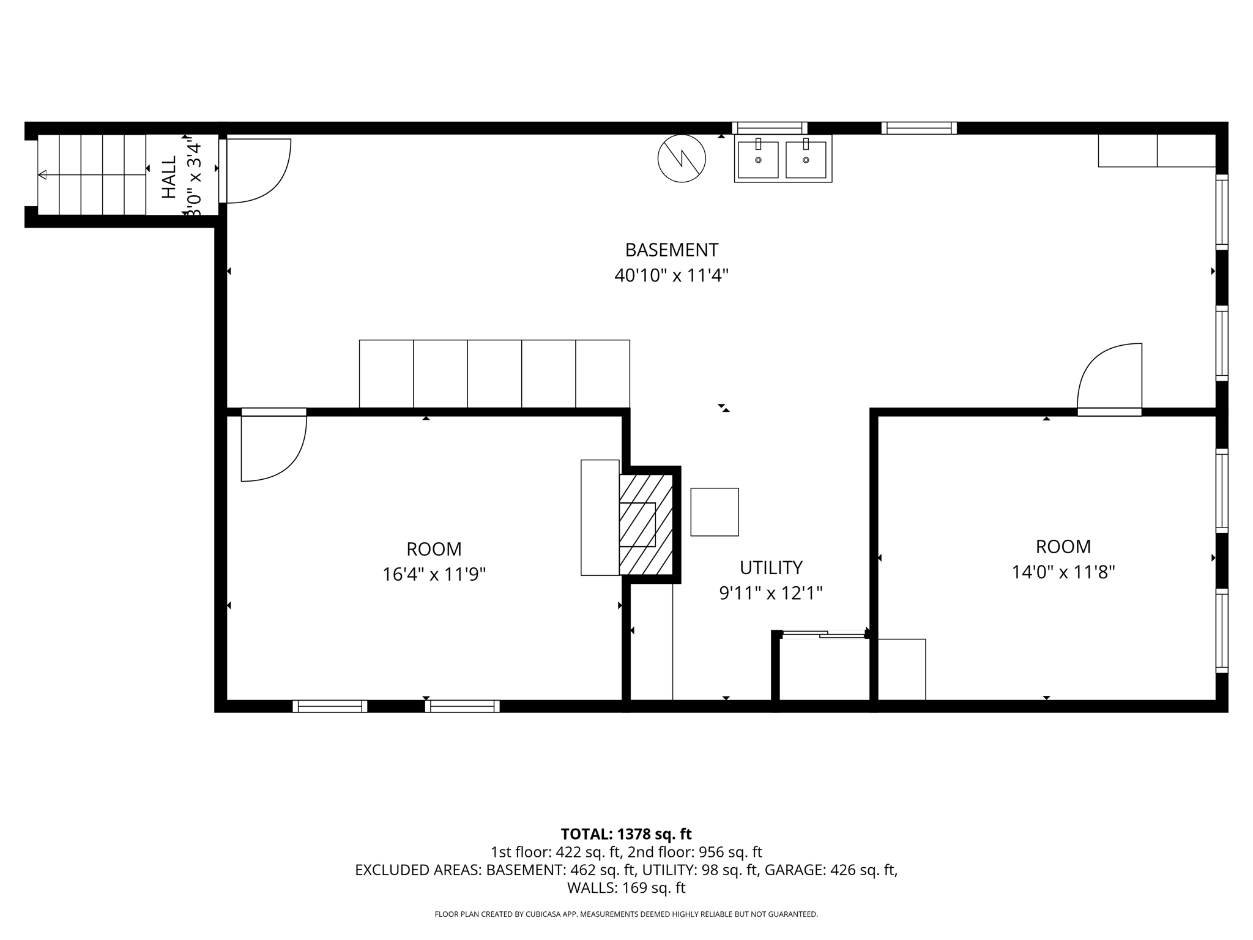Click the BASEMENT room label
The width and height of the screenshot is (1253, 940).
pyautogui.click(x=671, y=250)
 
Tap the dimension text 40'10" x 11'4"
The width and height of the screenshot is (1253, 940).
pyautogui.click(x=671, y=275)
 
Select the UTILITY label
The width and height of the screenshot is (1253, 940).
pyautogui.click(x=770, y=568)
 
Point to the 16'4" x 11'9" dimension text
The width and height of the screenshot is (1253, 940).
pyautogui.click(x=434, y=575)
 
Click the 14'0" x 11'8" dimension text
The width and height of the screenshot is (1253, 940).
pyautogui.click(x=1063, y=572)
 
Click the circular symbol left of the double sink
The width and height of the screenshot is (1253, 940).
pyautogui.click(x=682, y=159)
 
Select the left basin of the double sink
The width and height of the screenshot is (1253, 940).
pyautogui.click(x=758, y=159)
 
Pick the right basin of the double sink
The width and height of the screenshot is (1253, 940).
pyautogui.click(x=806, y=159)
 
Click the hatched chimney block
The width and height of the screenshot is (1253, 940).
pyautogui.click(x=646, y=524)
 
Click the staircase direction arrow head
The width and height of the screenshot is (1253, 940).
pyautogui.click(x=42, y=175)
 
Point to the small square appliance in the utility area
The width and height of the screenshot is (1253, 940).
pyautogui.click(x=714, y=512)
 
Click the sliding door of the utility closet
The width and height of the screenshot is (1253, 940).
pyautogui.click(x=823, y=635)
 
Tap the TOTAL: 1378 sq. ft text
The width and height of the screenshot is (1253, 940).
pyautogui.click(x=626, y=834)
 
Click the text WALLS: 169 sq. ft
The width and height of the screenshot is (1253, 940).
pyautogui.click(x=626, y=888)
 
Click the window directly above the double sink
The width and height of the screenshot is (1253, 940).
pyautogui.click(x=770, y=128)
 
